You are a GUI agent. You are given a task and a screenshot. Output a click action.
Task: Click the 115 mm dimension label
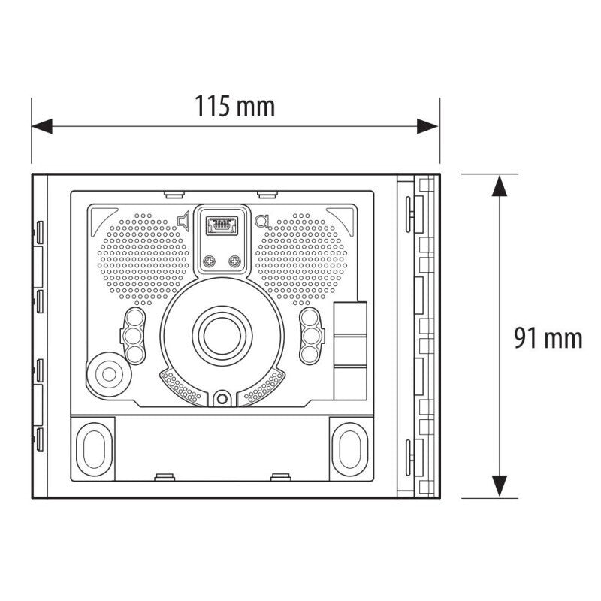(x=234, y=106)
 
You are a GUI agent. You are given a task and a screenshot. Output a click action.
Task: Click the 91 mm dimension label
(x=548, y=338)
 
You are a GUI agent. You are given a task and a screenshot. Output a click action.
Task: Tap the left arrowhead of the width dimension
(x=42, y=126)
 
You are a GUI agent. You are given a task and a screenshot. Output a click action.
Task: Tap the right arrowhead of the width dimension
(x=427, y=126)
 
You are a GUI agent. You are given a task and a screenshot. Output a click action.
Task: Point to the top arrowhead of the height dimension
(x=499, y=186)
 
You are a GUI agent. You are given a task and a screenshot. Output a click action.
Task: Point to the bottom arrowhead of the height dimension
(x=499, y=486)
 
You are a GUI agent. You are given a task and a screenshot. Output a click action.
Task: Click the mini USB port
(x=222, y=225)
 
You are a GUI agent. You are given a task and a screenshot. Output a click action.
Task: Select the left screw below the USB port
(x=210, y=261)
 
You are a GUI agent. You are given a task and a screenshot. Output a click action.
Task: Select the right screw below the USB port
(x=234, y=261)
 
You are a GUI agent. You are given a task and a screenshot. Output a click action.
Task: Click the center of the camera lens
(x=222, y=336)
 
